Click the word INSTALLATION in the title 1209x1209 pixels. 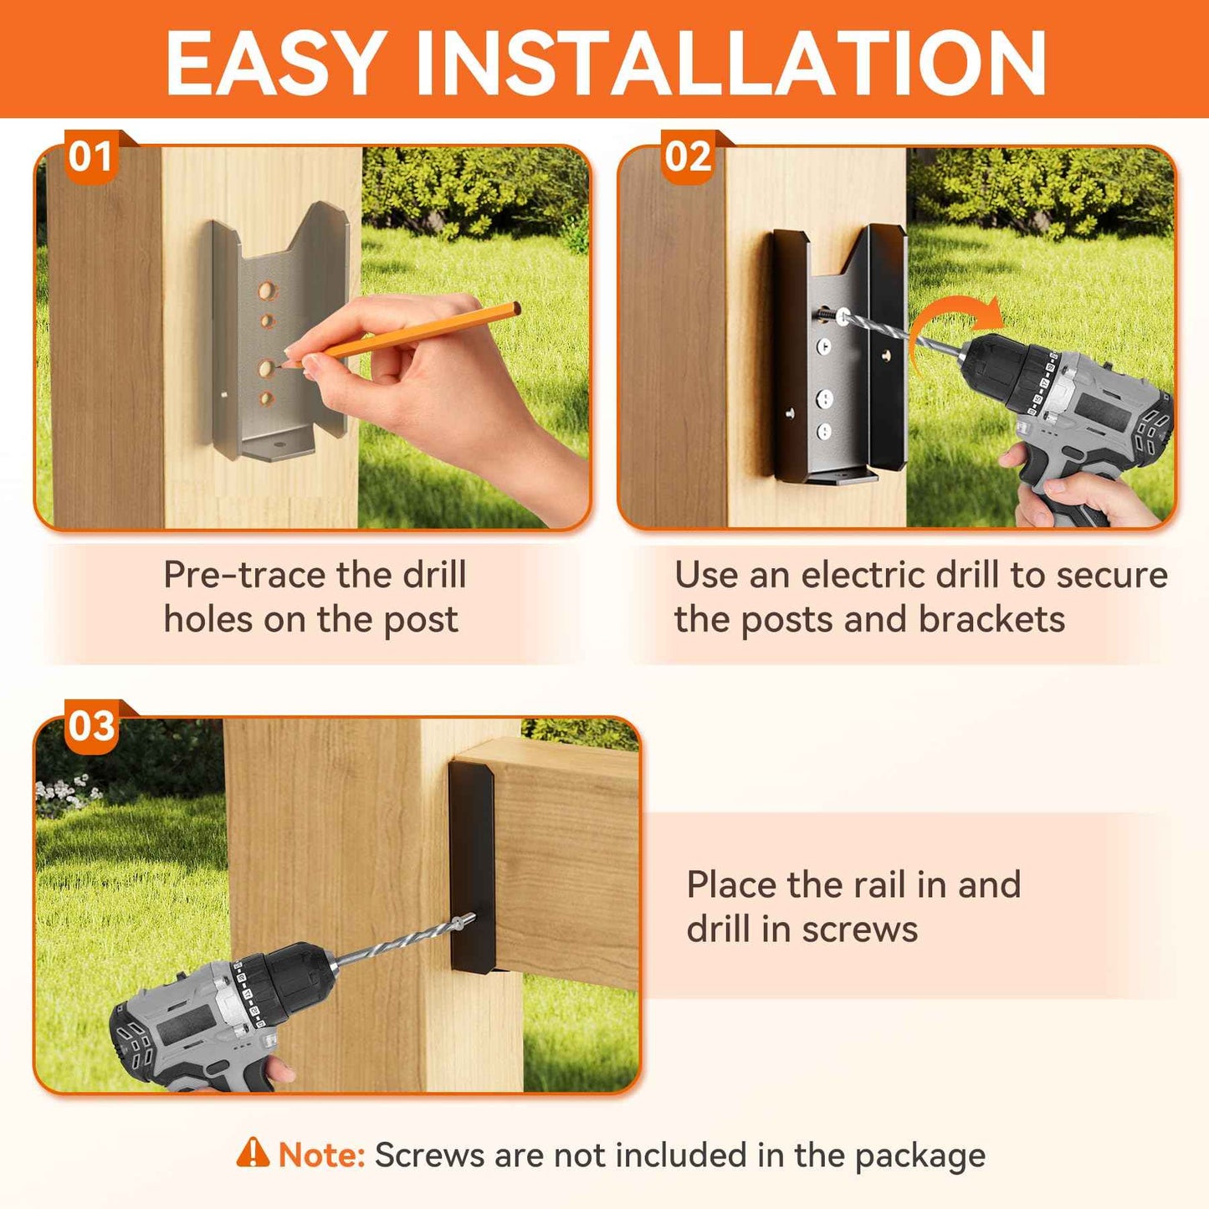coord(730,64)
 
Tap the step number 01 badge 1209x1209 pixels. coord(90,156)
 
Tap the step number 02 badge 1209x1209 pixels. coord(688,156)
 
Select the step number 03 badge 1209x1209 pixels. coord(91,726)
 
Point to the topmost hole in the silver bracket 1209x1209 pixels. coord(267,291)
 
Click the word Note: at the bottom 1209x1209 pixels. coord(322,1155)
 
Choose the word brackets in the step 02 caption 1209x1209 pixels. coord(991,620)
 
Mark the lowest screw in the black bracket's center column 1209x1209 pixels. coord(824,432)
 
